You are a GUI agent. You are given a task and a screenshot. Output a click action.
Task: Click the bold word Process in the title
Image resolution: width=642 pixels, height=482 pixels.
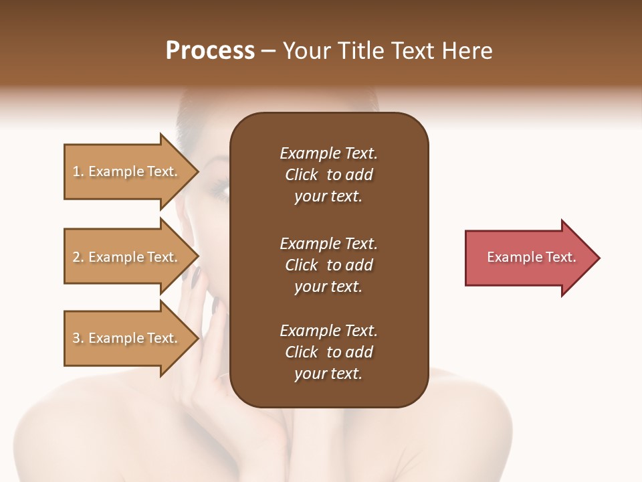210,51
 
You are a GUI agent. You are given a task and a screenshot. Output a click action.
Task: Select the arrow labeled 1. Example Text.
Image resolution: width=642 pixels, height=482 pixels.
127,171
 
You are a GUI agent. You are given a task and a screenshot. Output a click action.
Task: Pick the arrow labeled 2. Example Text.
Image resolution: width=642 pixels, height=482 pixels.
127,257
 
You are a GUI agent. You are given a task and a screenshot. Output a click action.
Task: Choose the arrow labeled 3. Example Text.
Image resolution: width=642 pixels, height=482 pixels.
127,338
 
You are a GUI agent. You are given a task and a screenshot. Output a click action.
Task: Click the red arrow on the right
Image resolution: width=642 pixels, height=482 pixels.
528,257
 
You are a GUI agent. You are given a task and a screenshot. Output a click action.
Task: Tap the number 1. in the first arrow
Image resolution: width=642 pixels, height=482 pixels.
78,171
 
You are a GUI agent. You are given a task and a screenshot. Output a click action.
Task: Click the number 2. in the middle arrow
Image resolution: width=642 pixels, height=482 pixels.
78,257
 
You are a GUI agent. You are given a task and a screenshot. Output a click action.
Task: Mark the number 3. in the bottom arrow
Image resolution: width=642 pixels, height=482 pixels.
78,338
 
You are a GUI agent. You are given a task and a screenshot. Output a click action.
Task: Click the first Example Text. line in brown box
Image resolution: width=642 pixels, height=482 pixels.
328,153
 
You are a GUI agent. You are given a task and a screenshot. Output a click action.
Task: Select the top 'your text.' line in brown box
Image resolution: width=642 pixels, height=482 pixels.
328,196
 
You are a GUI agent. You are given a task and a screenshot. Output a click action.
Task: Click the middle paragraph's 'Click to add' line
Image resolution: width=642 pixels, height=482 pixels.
328,265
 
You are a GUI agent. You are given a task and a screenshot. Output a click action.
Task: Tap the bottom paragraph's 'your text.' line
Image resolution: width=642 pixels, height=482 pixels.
328,374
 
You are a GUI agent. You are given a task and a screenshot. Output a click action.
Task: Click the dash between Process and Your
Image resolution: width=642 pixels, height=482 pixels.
269,52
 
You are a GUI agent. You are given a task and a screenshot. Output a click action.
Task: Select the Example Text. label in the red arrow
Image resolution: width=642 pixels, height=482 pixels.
531,257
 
